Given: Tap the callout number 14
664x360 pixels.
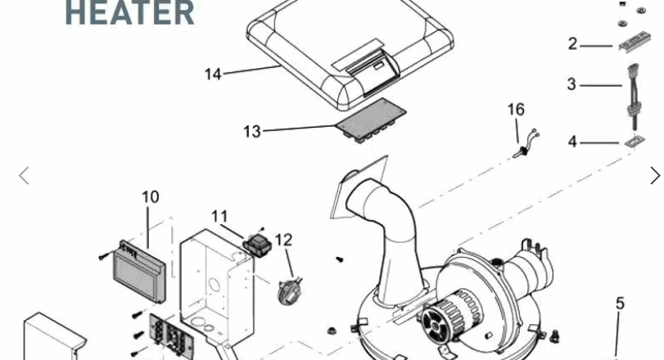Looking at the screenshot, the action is click(213, 74).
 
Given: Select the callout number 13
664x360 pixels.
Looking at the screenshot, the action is click(252, 132).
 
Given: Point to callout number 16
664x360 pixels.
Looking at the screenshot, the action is click(516, 110).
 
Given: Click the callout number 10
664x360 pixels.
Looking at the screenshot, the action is click(151, 196).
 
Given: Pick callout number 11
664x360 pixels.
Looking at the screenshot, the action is click(219, 217).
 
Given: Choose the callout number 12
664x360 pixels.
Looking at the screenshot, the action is click(284, 241).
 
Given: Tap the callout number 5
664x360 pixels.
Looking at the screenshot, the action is click(620, 304).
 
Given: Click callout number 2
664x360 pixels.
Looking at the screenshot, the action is click(572, 43).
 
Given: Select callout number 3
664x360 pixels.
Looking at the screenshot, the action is click(571, 83).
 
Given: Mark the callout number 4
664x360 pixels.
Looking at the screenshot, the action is click(572, 142).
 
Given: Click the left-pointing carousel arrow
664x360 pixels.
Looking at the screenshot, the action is click(24, 176).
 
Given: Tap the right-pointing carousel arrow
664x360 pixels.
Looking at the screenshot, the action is click(655, 176).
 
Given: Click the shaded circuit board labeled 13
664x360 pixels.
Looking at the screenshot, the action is click(372, 120).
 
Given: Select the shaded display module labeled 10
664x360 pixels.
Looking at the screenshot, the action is click(140, 272).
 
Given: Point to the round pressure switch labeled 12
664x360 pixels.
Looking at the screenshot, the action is click(288, 290).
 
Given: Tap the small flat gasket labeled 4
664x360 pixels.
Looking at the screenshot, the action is click(635, 141).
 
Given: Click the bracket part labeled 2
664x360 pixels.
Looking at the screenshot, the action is click(634, 43).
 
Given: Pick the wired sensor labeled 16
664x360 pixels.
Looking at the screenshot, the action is click(526, 144).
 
